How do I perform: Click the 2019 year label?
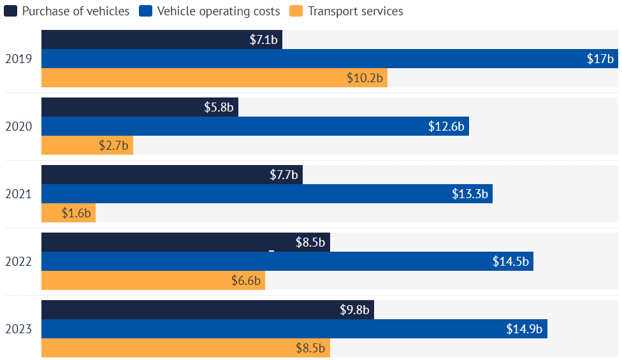pyautogui.click(x=18, y=59)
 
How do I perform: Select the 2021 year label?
pyautogui.click(x=18, y=194)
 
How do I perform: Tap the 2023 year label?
pyautogui.click(x=18, y=329)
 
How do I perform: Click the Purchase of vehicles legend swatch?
pyautogui.click(x=10, y=11)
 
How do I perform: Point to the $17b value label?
pyautogui.click(x=600, y=59)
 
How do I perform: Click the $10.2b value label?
pyautogui.click(x=365, y=78)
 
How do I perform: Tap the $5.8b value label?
pyautogui.click(x=219, y=108)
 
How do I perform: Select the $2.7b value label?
pyautogui.click(x=113, y=146)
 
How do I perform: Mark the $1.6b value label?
pyautogui.click(x=76, y=213)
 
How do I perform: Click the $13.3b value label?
pyautogui.click(x=470, y=194)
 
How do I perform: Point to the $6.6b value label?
pyautogui.click(x=246, y=281)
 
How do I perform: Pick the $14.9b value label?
pyautogui.click(x=524, y=329)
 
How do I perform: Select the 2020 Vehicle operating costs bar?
pyautogui.click(x=255, y=126)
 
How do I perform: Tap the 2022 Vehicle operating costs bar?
pyautogui.click(x=287, y=261)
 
